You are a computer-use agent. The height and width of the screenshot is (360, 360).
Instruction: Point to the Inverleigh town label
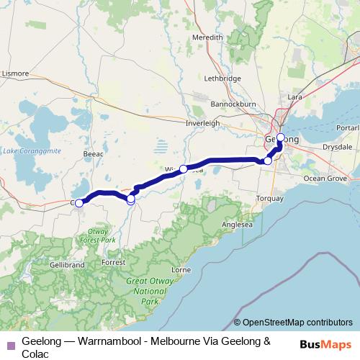pos(202,122)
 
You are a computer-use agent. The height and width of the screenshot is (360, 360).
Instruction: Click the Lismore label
pos(16,73)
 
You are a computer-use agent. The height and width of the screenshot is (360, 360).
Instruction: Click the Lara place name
pos(294,96)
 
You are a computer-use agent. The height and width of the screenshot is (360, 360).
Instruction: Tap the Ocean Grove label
pos(325,177)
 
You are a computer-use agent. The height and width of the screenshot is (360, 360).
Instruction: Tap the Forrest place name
pos(114,263)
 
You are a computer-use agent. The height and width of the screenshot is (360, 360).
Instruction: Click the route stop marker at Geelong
pos(280,138)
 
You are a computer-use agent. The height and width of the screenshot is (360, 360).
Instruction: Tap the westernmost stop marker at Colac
pos(79,203)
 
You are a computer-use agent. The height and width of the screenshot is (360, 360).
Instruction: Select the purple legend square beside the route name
pos(10,346)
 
